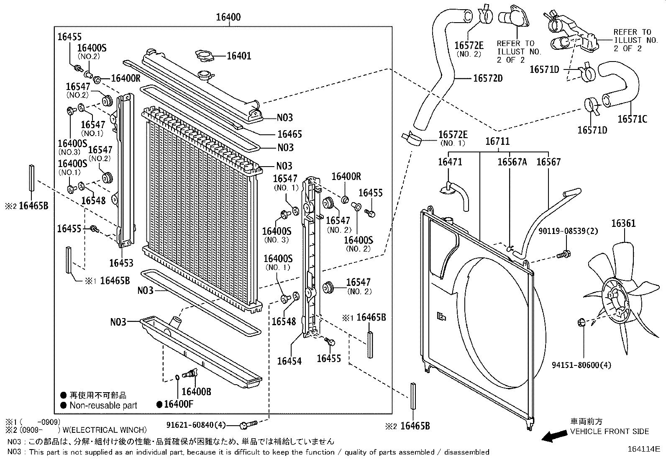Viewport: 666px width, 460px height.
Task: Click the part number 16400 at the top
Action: [x=228, y=17]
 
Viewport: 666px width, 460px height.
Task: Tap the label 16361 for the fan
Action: [x=623, y=223]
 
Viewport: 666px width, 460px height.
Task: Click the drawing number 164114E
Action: [x=643, y=449]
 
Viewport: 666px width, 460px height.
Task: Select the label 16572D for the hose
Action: [x=488, y=78]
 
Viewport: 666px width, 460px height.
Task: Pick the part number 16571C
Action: [x=632, y=119]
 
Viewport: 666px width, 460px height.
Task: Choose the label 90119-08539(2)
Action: [x=568, y=231]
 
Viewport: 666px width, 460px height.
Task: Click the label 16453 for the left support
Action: [x=121, y=263]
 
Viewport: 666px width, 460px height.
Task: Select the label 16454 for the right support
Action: [x=289, y=360]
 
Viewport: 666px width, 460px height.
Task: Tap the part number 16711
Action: [x=497, y=141]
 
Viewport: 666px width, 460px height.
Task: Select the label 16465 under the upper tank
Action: [x=289, y=134]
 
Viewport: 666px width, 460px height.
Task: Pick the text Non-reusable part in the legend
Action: [x=103, y=405]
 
